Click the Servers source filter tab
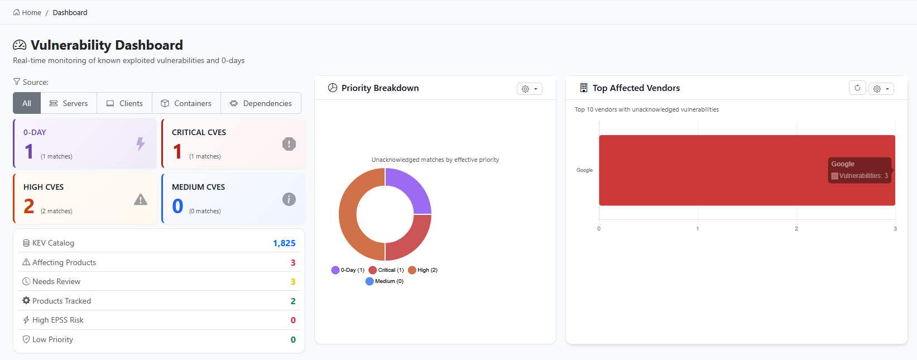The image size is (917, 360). point(69,103)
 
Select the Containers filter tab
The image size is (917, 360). point(186,103)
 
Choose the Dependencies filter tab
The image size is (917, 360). point(261,103)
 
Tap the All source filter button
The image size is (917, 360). point(27,103)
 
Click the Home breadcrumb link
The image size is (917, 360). point(27,12)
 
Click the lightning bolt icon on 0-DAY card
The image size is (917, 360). point(141,144)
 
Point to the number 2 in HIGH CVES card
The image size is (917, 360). point(29,207)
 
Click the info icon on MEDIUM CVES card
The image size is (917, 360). point(289,199)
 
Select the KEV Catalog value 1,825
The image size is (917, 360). point(284,243)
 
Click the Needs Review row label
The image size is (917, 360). point(56,281)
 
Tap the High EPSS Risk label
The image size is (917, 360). point(57,320)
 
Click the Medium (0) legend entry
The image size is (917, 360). point(385,281)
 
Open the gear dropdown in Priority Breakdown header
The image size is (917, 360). point(529,89)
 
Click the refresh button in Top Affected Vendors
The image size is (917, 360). point(857,88)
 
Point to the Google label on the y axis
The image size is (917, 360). point(584,170)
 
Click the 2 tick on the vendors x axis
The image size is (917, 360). point(796,229)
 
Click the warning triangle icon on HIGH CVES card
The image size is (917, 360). point(141,199)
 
